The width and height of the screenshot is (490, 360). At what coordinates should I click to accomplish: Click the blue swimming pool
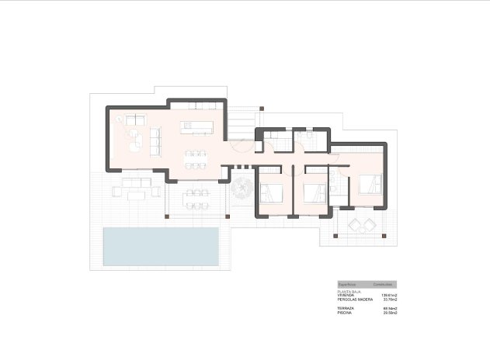pos(162,246)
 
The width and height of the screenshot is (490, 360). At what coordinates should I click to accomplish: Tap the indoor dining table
pos(197,158)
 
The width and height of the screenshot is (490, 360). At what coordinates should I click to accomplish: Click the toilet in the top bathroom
pos(310,137)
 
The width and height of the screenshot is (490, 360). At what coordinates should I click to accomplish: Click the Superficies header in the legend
pos(348,284)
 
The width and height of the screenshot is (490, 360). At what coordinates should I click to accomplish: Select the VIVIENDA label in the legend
pos(346,296)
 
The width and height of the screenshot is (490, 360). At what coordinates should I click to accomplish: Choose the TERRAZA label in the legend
pos(346,308)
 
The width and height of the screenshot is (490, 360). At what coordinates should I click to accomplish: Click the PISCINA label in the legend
pos(345,312)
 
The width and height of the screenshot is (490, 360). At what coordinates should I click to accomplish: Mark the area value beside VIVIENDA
pos(389,296)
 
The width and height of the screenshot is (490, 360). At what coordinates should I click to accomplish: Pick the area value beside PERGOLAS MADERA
pos(390,299)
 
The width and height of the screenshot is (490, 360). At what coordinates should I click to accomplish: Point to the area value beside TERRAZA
pos(390,308)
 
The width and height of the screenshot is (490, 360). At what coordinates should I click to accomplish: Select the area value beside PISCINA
pos(390,312)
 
